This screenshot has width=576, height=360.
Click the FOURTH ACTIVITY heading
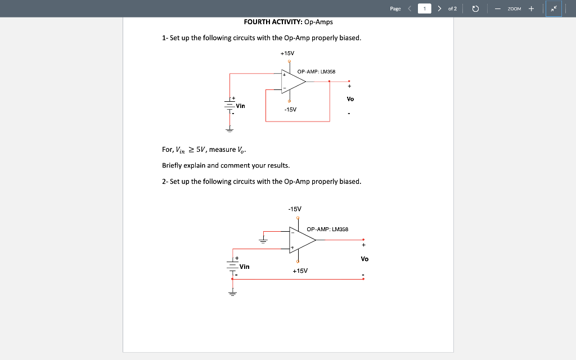[288, 22]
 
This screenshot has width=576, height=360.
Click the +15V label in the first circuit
[287, 53]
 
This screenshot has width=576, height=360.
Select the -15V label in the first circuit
[290, 109]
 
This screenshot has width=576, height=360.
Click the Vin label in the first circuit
[240, 106]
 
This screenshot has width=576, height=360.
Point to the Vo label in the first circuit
[350, 99]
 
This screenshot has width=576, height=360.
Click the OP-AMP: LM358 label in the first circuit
[316, 71]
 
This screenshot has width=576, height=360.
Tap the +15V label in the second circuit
[300, 271]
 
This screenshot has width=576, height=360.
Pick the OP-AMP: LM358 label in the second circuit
[327, 229]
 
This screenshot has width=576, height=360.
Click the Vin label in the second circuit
[245, 266]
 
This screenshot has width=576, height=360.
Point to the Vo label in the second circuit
[364, 259]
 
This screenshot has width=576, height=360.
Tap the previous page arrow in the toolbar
[409, 8]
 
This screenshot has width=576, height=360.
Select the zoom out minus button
[498, 8]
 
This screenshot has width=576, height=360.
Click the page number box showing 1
[425, 8]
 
